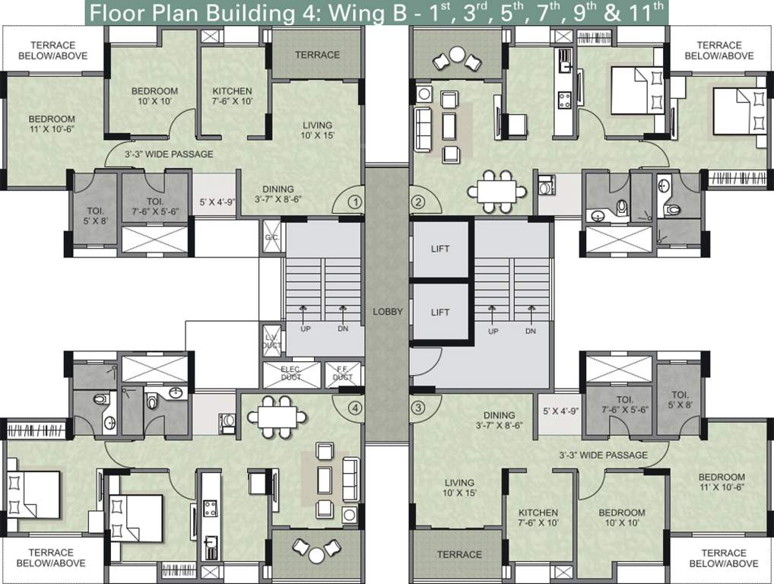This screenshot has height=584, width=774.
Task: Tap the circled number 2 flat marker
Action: pyautogui.click(x=417, y=202)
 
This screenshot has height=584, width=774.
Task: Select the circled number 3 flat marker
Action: pyautogui.click(x=417, y=408)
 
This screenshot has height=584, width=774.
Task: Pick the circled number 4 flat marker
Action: pyautogui.click(x=354, y=408)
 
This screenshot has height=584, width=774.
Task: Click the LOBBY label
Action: pyautogui.click(x=387, y=312)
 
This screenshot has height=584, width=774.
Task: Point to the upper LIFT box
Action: pyautogui.click(x=439, y=249)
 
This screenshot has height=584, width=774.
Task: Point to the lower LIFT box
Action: pyautogui.click(x=439, y=312)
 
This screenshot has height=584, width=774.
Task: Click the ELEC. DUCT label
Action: pyautogui.click(x=290, y=373)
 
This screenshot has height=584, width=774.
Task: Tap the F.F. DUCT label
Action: pyautogui.click(x=343, y=373)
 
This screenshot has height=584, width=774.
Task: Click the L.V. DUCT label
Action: pyautogui.click(x=271, y=341)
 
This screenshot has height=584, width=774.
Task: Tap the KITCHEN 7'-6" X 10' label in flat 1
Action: pyautogui.click(x=232, y=96)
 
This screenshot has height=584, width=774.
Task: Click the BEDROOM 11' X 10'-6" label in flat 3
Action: pyautogui.click(x=722, y=482)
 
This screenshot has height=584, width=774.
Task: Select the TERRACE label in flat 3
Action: pyautogui.click(x=459, y=554)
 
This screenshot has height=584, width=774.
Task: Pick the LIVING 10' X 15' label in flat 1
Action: pyautogui.click(x=317, y=130)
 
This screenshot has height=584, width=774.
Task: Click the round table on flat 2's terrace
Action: pyautogui.click(x=458, y=53)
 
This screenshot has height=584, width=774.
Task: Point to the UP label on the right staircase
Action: pyautogui.click(x=493, y=332)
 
